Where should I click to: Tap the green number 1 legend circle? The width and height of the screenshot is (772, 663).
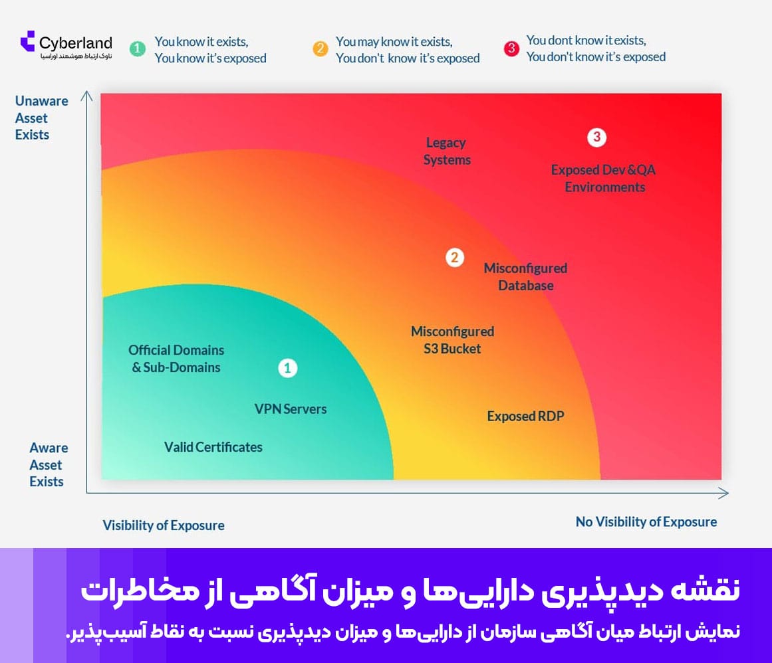pyautogui.click(x=138, y=48)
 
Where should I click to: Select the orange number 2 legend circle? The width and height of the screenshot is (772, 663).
pyautogui.click(x=320, y=48)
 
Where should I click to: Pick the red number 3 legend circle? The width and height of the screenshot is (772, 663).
pyautogui.click(x=511, y=48)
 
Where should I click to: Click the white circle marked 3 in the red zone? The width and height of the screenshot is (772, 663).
pyautogui.click(x=596, y=137)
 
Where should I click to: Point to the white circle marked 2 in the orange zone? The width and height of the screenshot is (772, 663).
pyautogui.click(x=454, y=258)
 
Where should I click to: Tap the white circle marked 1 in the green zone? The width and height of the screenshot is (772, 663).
pyautogui.click(x=287, y=368)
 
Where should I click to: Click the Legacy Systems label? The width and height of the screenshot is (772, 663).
pyautogui.click(x=447, y=151)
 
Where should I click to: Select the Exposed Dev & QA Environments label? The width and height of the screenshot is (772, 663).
pyautogui.click(x=604, y=179)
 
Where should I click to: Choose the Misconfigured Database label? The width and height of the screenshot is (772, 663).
pyautogui.click(x=525, y=277)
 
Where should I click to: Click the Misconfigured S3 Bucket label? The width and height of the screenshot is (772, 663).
pyautogui.click(x=452, y=340)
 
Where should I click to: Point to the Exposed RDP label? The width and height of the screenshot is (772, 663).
pyautogui.click(x=525, y=416)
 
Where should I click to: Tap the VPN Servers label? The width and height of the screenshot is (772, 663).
pyautogui.click(x=291, y=409)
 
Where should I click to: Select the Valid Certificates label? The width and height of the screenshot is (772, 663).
pyautogui.click(x=213, y=447)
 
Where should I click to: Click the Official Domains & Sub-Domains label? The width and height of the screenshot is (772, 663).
pyautogui.click(x=176, y=359)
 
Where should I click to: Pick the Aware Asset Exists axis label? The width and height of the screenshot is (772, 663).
pyautogui.click(x=49, y=464)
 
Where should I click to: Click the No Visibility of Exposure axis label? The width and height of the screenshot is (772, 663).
pyautogui.click(x=646, y=522)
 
